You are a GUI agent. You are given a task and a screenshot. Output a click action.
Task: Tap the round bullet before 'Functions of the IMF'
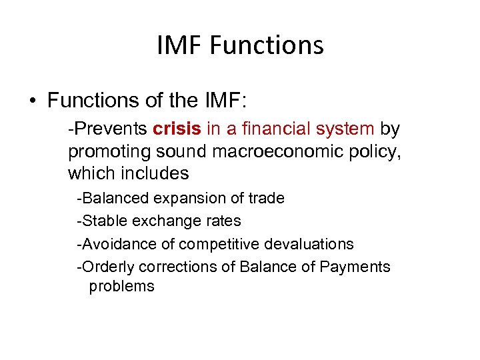pos(33,101)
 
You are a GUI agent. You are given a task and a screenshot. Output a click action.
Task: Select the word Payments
pos(355,267)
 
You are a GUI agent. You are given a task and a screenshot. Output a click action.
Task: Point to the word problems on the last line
pos(121,287)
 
